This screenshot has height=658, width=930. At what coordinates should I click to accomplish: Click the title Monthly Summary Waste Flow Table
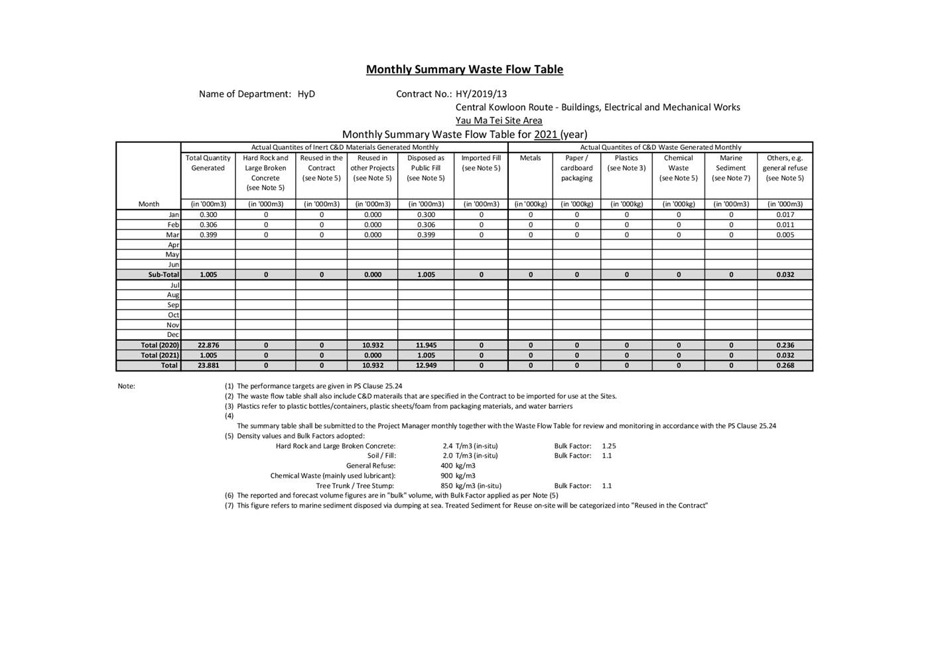464,70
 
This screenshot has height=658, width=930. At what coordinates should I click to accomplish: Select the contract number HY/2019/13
481,94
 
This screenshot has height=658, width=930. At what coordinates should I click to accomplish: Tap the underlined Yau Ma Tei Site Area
498,121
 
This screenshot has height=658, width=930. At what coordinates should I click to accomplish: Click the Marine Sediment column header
730,168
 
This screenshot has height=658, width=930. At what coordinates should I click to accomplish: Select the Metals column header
530,159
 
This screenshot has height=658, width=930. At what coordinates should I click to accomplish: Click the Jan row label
174,215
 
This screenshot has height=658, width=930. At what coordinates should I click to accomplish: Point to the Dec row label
172,335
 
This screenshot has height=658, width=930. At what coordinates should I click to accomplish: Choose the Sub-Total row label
163,275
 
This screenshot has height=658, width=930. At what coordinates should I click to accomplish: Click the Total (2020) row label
160,345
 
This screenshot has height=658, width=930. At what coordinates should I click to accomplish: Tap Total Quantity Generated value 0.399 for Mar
208,235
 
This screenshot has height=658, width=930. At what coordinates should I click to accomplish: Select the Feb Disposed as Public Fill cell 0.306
426,225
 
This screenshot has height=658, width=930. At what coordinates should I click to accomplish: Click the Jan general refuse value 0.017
785,215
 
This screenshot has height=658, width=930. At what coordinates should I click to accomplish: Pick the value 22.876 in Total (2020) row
208,345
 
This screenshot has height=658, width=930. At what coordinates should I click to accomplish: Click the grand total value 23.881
208,365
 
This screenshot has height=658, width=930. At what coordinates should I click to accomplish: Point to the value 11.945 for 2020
426,345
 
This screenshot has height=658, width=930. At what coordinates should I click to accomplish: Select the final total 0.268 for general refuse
785,365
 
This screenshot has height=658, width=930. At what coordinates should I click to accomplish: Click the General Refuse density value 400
446,466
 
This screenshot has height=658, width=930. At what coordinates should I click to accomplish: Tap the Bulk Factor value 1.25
609,446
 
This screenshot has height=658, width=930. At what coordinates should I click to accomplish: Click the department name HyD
306,94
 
